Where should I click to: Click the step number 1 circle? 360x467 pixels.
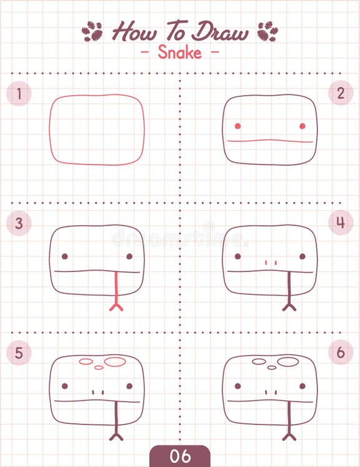point(19,94)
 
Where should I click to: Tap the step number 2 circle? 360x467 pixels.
point(341,93)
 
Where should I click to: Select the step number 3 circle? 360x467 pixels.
point(19,223)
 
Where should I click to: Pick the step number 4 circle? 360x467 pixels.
point(341,222)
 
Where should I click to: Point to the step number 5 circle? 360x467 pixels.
point(19,353)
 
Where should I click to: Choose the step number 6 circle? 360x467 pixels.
point(341,352)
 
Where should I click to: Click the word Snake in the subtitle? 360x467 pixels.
point(179,52)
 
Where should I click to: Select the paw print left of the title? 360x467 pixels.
point(92,31)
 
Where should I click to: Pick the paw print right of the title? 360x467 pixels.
point(267,31)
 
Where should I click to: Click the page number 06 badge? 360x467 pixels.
point(180,456)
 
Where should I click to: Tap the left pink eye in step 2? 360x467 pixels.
point(237,126)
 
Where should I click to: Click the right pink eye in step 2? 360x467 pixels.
point(302,126)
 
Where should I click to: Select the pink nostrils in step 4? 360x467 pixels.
point(270,263)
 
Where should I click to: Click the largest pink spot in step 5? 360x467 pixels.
point(115,361)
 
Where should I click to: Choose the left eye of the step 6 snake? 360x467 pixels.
point(237,386)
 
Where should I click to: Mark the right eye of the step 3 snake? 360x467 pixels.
point(129,256)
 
